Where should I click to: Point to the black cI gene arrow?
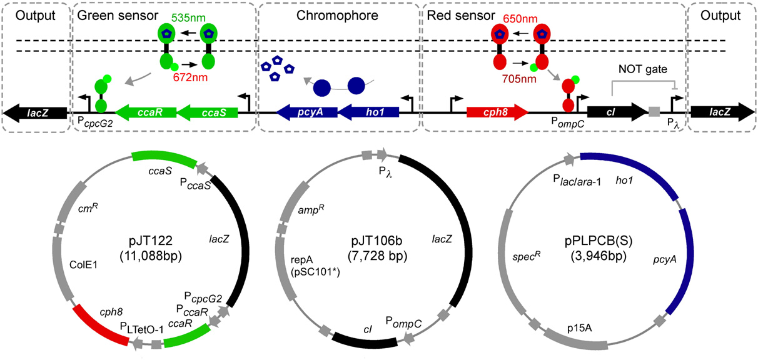(x=617, y=112)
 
